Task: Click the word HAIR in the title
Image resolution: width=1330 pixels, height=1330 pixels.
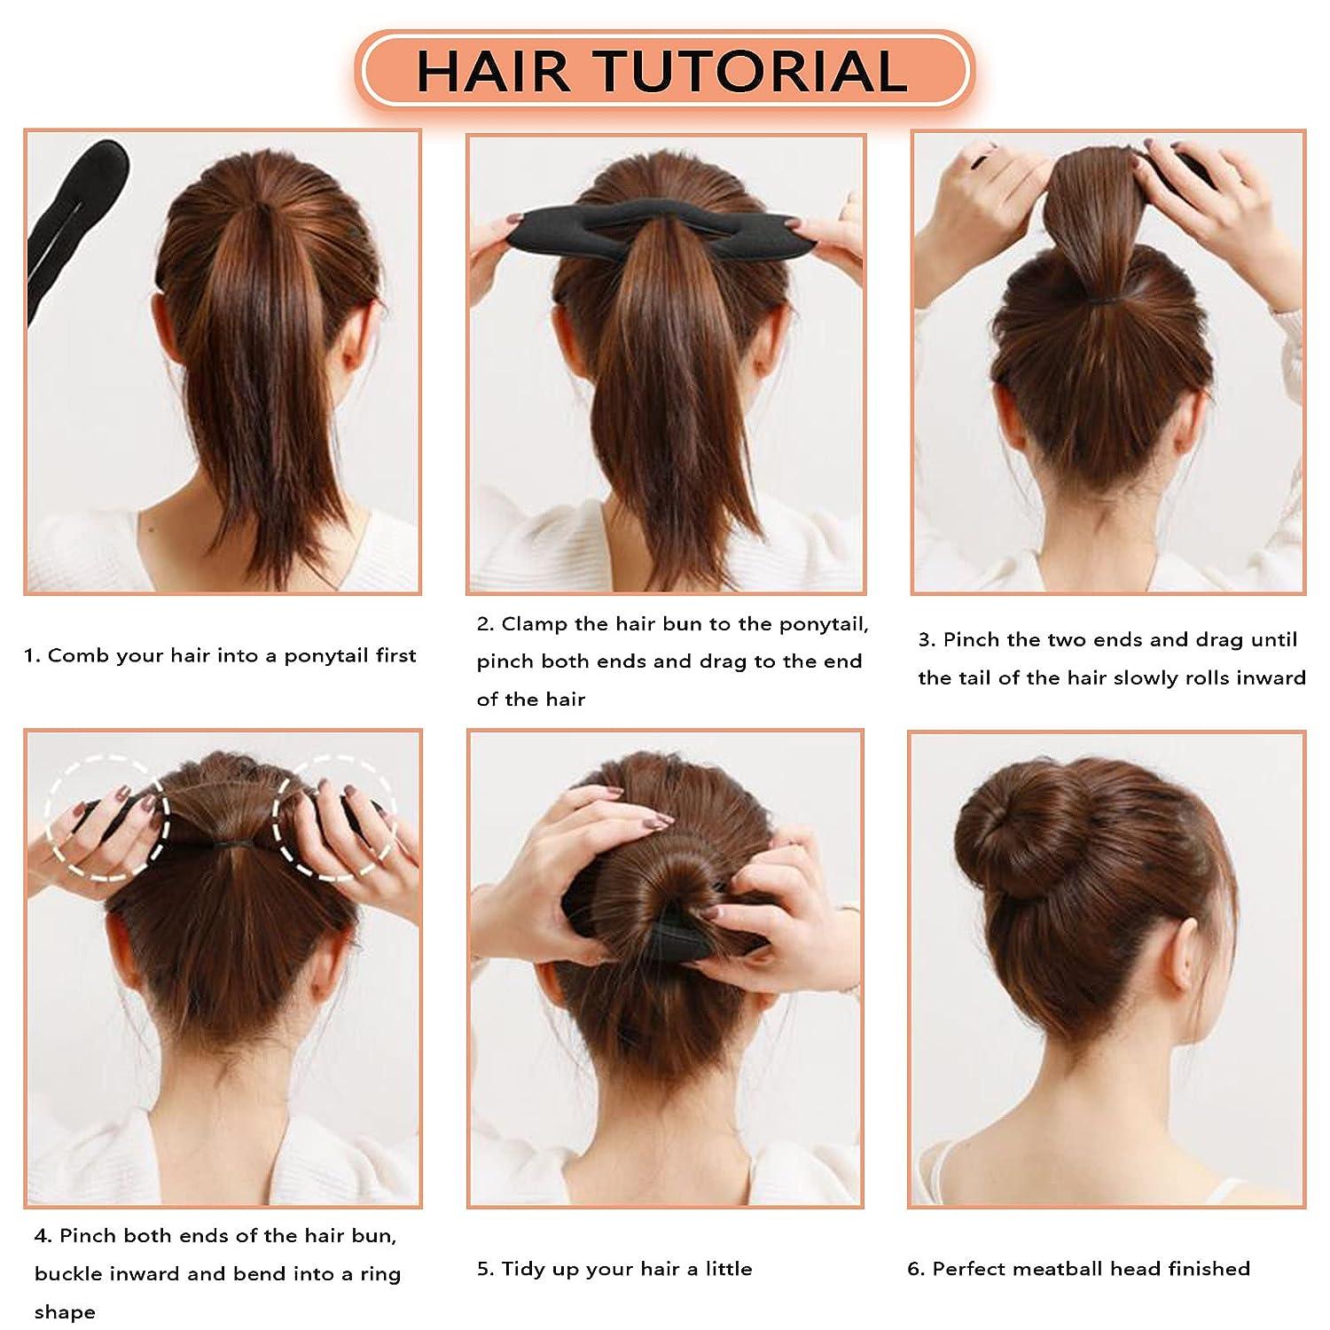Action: [x=493, y=71]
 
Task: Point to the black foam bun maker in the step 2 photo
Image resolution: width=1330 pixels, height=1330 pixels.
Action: [x=665, y=228]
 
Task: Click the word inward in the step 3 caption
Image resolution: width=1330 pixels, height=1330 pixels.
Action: [x=1271, y=678]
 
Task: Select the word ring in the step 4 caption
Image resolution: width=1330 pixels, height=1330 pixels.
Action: [x=382, y=1274]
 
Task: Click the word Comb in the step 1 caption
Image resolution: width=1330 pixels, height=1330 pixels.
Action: [x=73, y=656]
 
